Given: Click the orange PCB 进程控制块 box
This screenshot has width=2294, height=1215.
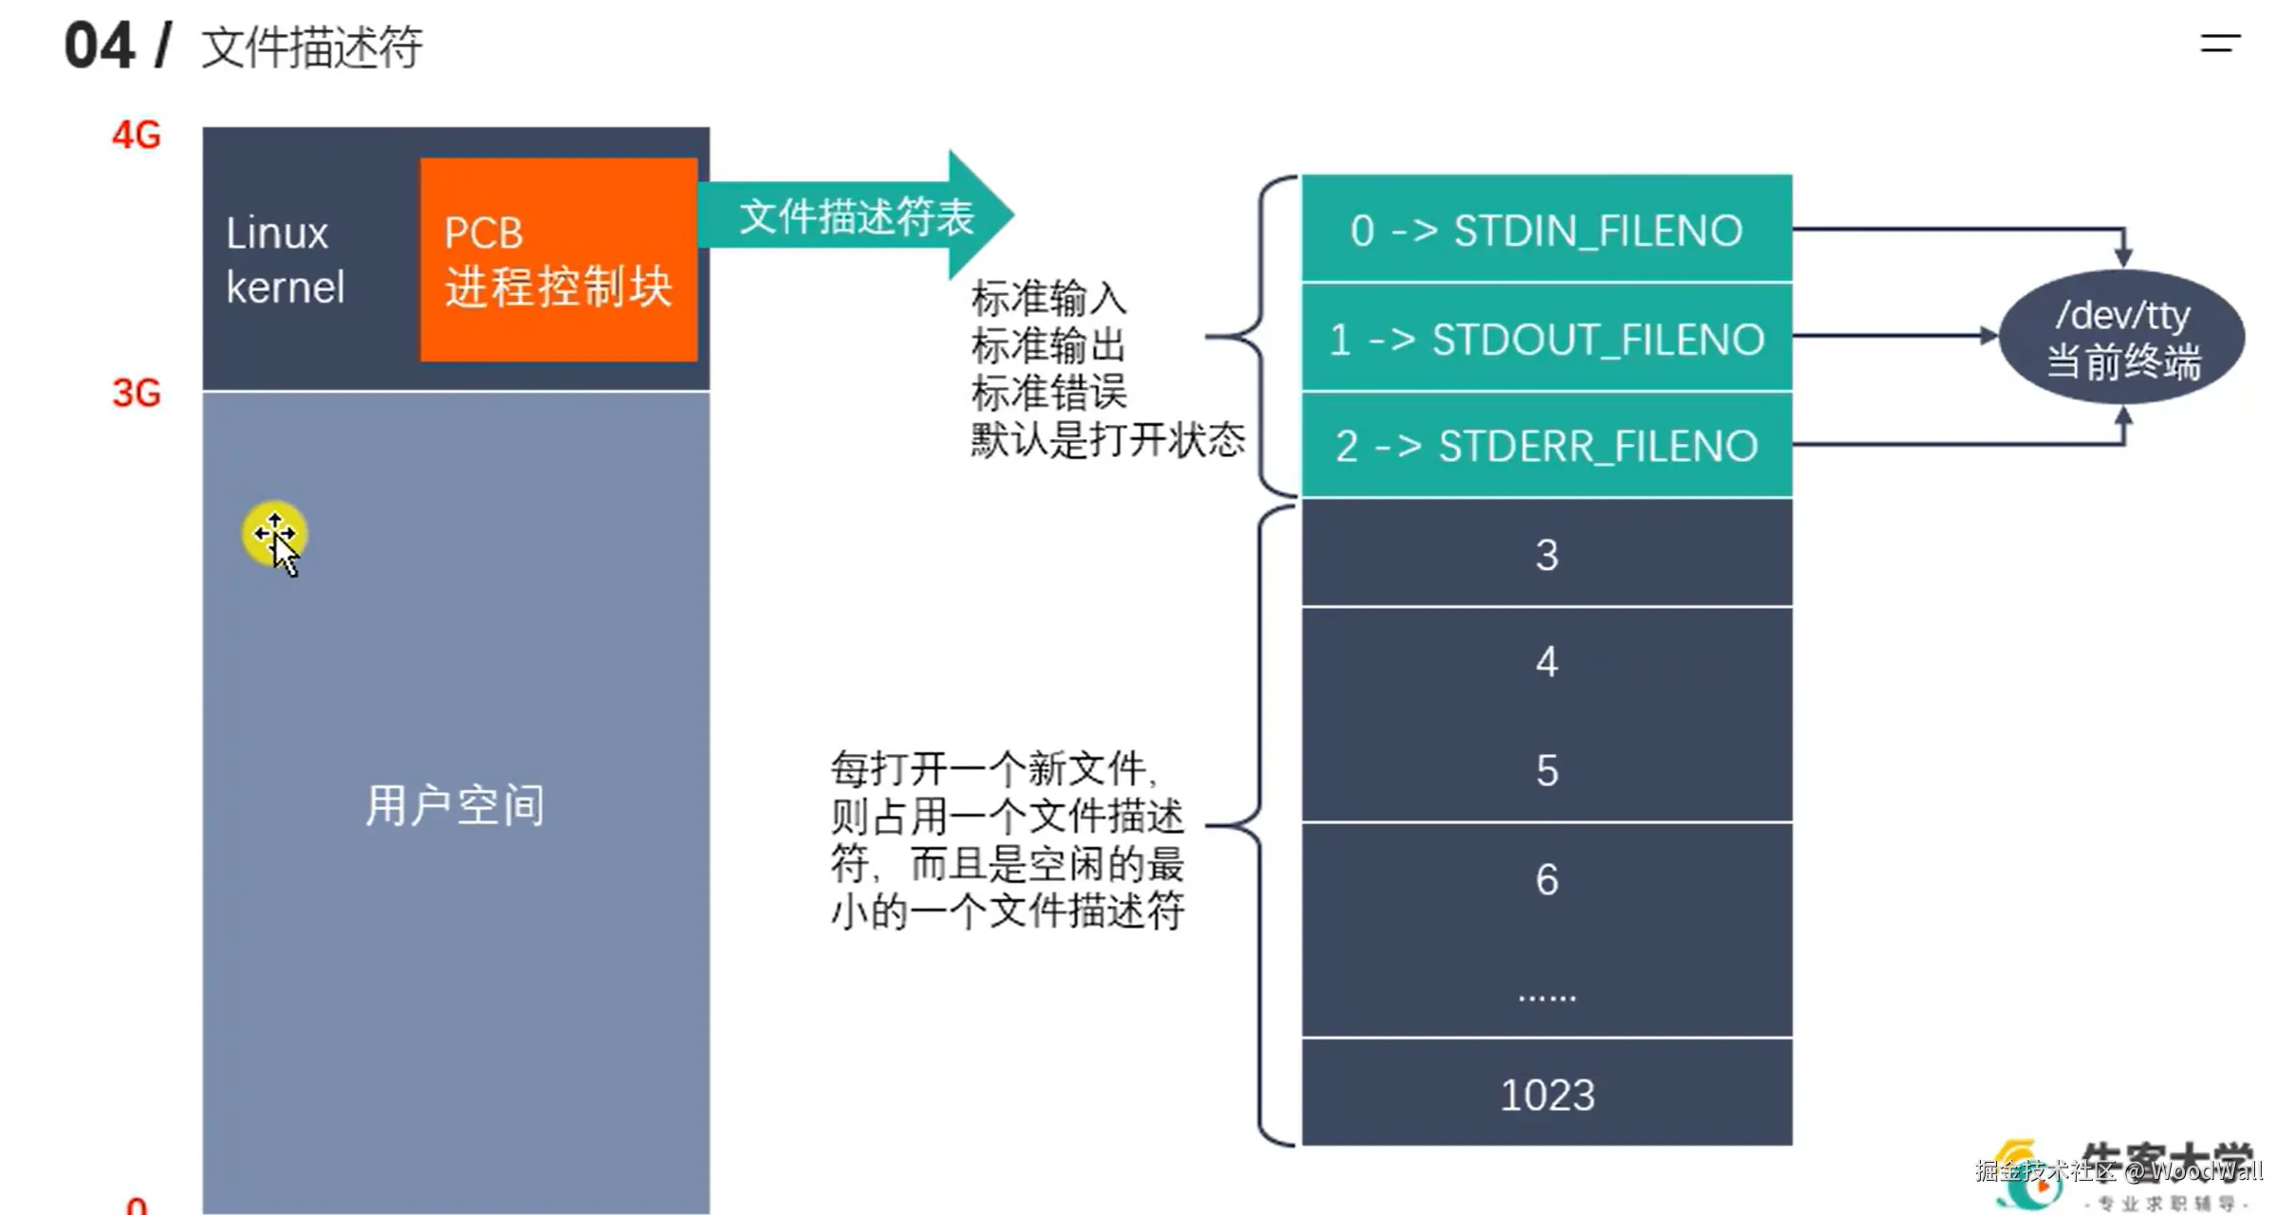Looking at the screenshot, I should (558, 259).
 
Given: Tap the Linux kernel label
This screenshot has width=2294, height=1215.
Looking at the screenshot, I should (284, 260).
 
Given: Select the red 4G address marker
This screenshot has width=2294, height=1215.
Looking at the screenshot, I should (137, 136).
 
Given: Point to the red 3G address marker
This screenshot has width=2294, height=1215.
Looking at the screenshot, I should (137, 393).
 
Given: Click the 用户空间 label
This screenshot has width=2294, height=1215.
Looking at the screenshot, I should (454, 805).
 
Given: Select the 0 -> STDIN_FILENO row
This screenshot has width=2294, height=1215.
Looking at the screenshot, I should (1545, 230).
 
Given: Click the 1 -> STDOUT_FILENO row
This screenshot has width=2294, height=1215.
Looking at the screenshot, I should (1545, 339).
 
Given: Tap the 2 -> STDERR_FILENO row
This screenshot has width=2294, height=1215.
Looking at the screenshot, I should (1545, 446).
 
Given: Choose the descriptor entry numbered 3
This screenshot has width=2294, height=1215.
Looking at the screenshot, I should (1546, 555).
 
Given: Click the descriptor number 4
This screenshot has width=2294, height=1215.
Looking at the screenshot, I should (1546, 662).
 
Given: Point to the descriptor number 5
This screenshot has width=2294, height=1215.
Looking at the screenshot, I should (1546, 770).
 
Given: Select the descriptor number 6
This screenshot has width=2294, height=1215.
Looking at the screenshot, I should (1546, 879).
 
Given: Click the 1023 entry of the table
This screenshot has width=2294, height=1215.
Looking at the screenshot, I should (1546, 1095).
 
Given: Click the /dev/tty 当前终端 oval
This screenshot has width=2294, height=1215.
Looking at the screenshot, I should (2121, 338).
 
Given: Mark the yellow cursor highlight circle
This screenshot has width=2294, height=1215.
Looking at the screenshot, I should (274, 533).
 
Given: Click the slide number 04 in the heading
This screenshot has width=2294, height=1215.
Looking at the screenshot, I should (99, 46).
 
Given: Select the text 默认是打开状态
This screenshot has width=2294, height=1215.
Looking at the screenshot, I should (1107, 440).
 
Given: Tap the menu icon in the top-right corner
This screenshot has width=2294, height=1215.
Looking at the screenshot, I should (2220, 43).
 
